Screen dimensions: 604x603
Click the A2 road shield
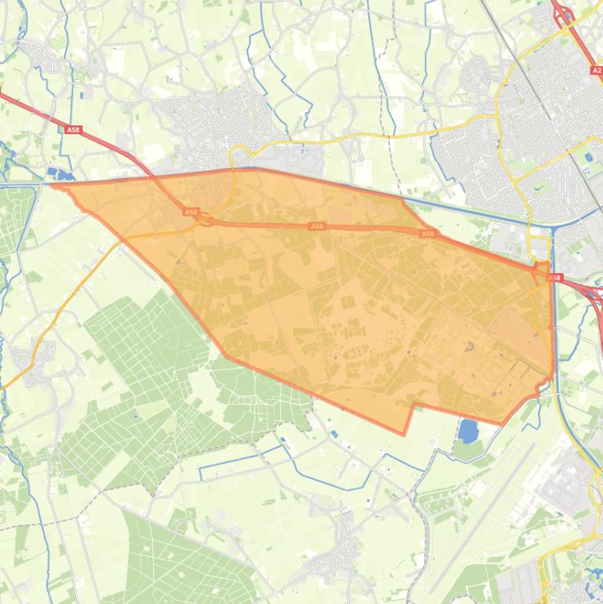[x=596, y=70]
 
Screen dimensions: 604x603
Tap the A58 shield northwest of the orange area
[x=73, y=130]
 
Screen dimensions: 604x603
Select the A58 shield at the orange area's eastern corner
[x=555, y=278]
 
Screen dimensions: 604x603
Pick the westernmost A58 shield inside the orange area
[x=191, y=212]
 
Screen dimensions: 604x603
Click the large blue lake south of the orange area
[x=468, y=431]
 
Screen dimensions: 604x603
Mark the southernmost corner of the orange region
[x=405, y=433]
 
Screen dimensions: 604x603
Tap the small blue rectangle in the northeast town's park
[x=588, y=158]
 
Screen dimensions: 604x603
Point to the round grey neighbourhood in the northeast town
[x=474, y=75]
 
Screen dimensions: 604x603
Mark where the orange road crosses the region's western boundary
[x=122, y=240]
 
